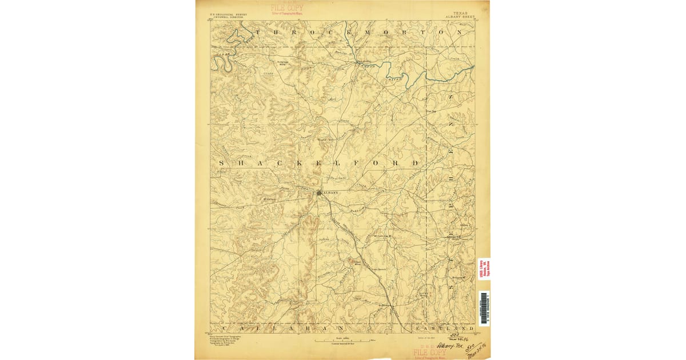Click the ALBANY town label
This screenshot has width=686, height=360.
[331, 193]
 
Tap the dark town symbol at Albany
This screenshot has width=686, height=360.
[320, 193]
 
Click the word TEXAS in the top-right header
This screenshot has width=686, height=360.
[460, 13]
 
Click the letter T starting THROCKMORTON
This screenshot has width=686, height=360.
[258, 33]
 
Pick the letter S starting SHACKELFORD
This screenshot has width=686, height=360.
[222, 163]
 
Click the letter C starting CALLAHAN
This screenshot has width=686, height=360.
[225, 329]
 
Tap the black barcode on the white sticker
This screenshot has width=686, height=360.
[484, 301]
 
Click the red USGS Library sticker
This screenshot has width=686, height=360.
[484, 269]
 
